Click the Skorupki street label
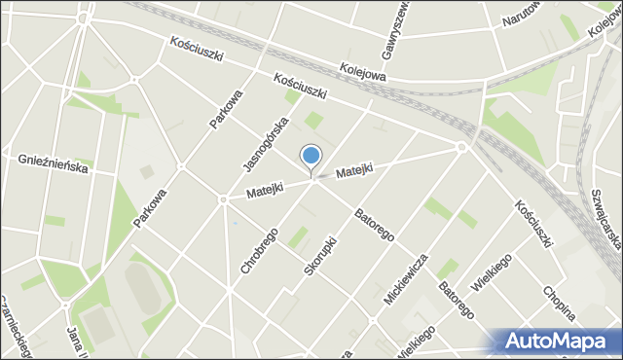[319, 252]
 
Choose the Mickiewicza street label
[405, 279]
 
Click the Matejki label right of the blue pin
[354, 171]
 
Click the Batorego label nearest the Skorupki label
[373, 225]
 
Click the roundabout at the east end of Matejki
[460, 148]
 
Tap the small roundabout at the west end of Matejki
[223, 200]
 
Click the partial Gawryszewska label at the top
[396, 24]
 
